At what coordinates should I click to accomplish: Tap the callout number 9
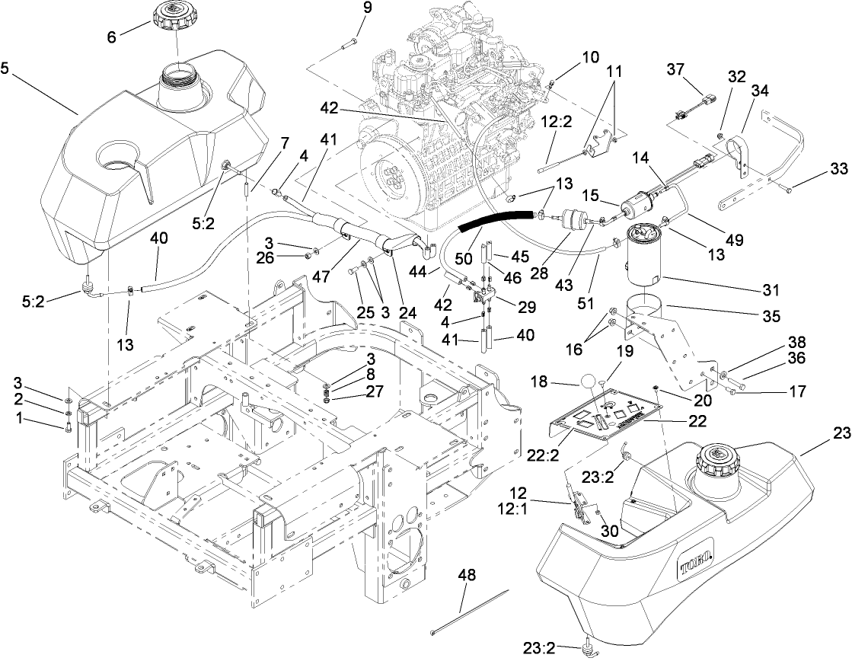tap(368, 9)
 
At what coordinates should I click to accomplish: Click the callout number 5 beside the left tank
tap(6, 68)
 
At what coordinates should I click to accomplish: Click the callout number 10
tap(570, 57)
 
